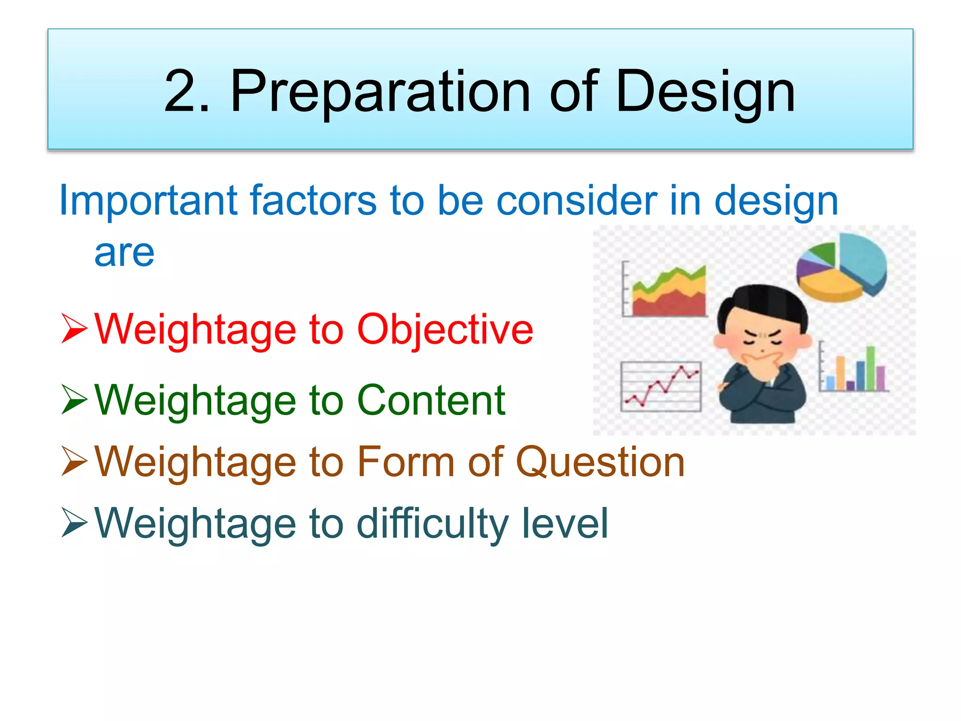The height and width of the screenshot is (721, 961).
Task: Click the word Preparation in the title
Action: click(x=380, y=92)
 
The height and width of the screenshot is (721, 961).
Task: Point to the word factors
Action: click(x=313, y=201)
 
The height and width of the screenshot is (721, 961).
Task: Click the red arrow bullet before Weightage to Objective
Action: click(x=74, y=329)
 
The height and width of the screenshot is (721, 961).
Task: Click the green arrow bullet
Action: click(x=74, y=399)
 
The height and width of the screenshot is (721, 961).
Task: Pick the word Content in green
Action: click(x=431, y=400)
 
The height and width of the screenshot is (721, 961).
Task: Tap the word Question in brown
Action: click(x=601, y=463)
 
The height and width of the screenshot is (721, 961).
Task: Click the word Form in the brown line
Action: click(x=406, y=462)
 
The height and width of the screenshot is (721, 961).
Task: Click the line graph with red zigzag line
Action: click(x=661, y=386)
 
